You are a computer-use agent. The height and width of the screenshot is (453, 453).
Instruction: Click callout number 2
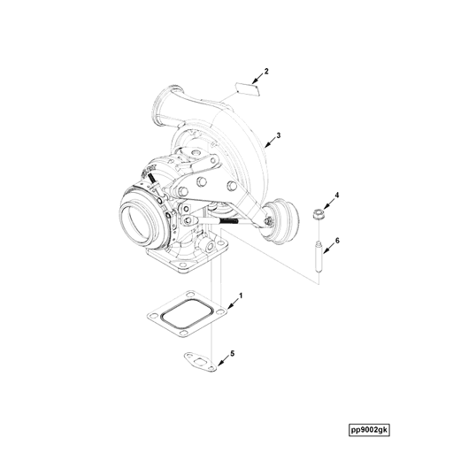pos(266,69)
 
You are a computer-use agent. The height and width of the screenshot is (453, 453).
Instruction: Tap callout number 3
pos(278,135)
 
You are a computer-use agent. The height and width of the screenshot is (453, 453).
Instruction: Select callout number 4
pos(336,195)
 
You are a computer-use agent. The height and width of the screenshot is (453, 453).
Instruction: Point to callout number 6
pos(336,240)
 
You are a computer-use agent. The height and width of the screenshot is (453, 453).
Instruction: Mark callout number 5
pos(232,354)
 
